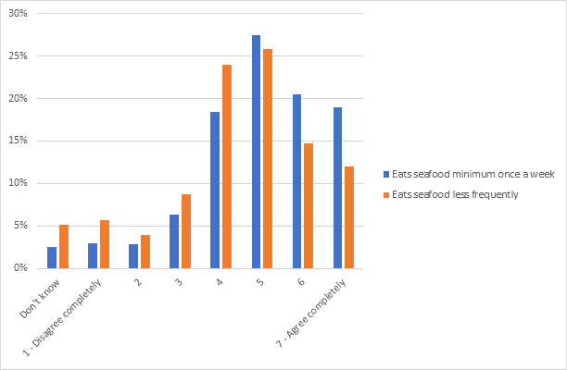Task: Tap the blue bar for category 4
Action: point(215,191)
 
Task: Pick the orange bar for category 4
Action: point(226,166)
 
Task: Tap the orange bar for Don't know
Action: point(63,247)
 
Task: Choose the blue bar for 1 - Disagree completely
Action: point(93,256)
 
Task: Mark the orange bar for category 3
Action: point(185,231)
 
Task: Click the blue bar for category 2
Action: point(133,256)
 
